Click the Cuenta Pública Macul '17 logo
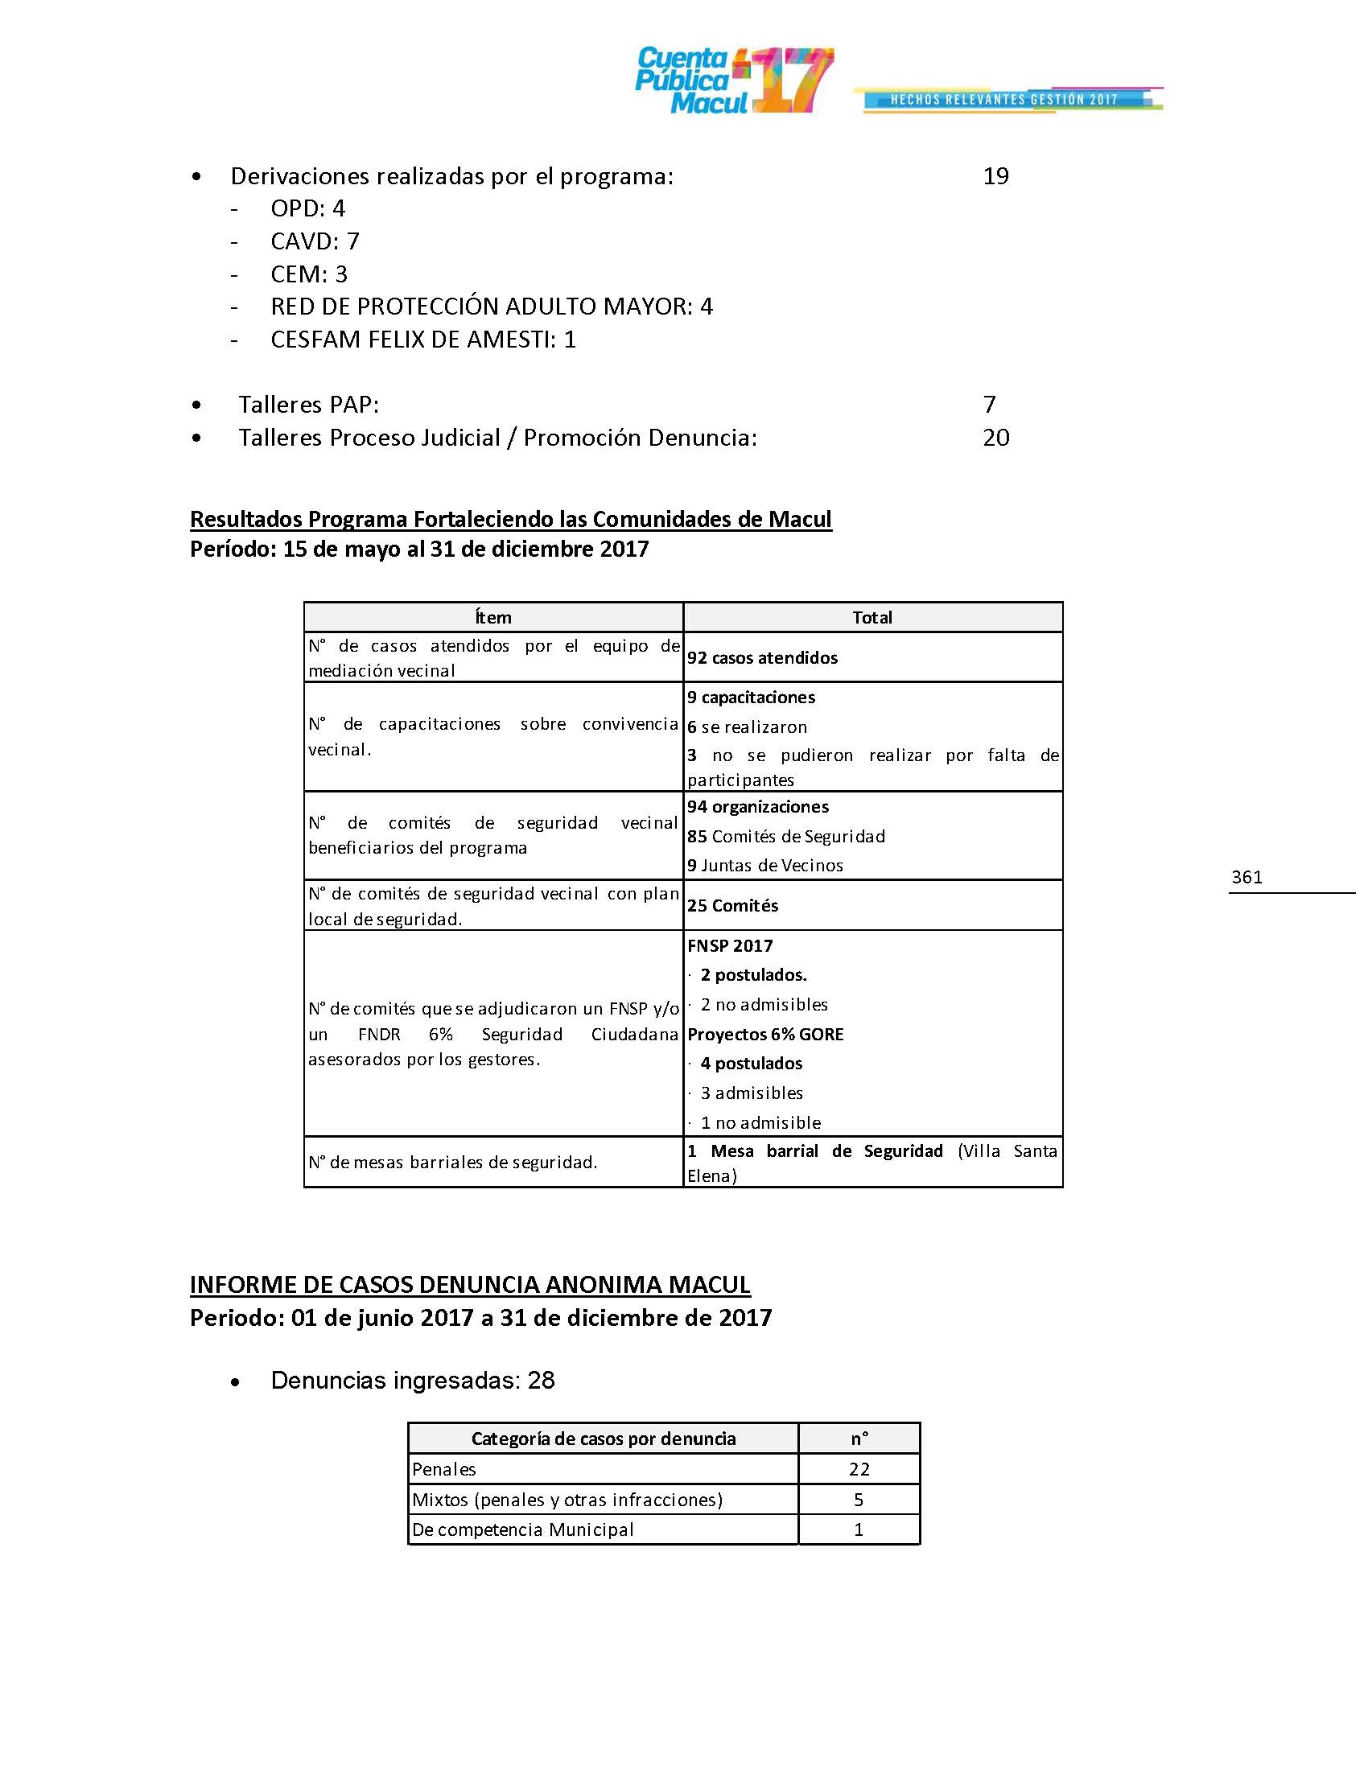pos(733,80)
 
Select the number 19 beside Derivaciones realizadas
pos(995,176)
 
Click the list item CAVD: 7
pos(315,241)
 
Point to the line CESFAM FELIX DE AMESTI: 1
pos(422,340)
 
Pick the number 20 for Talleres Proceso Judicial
pos(995,438)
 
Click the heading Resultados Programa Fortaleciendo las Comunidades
pos(510,519)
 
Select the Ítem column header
pos(492,618)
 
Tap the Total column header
pos(872,618)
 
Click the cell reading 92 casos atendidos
pos(763,658)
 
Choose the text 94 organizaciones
pos(758,807)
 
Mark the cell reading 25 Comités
pos(732,906)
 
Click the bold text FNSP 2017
pos(730,946)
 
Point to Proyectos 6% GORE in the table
pos(766,1035)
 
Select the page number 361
pos(1246,877)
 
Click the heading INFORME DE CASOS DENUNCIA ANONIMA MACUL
pos(470,1285)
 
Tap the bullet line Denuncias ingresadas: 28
pos(413,1380)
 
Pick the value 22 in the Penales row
pos(859,1469)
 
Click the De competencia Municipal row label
pos(523,1529)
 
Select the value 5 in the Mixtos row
pos(859,1500)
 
